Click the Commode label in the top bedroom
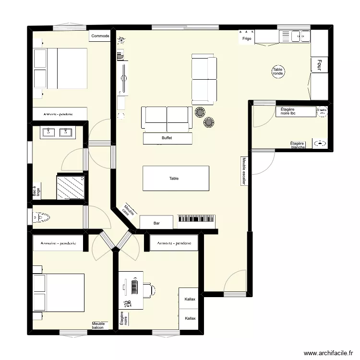click(100, 36)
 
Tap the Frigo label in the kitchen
click(247, 38)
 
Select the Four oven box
click(319, 65)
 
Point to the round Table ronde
click(278, 72)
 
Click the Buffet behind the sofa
click(168, 138)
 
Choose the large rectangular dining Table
click(175, 179)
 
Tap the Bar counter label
click(156, 223)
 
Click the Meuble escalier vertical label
click(244, 171)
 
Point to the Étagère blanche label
click(298, 145)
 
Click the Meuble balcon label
click(98, 325)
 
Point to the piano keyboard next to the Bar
click(197, 220)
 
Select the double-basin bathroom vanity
click(57, 132)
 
